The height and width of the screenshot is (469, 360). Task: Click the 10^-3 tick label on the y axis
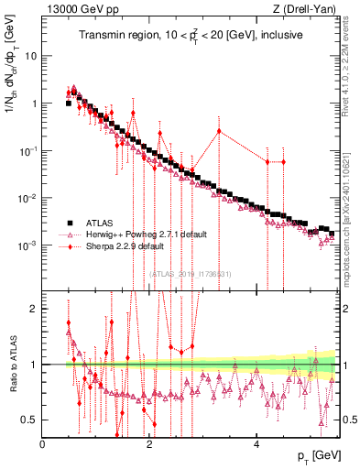pos(27,246)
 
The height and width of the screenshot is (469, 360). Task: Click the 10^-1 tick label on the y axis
pos(27,151)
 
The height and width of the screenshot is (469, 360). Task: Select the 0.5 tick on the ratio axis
pos(27,420)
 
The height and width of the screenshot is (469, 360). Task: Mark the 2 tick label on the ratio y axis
pos(34,309)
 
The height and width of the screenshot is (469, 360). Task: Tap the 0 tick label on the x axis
pos(43,443)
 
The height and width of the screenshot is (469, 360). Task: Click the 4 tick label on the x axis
pos(256,443)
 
